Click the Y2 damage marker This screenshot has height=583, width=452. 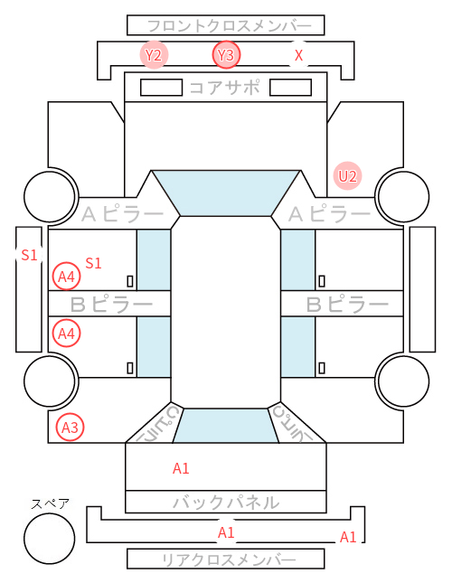(154, 55)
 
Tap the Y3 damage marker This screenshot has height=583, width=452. (226, 55)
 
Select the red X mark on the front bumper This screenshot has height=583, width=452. (298, 55)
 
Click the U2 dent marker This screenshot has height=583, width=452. (347, 176)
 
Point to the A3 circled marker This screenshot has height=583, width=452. (70, 428)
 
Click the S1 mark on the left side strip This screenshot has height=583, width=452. (29, 255)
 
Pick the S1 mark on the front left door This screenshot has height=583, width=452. (93, 263)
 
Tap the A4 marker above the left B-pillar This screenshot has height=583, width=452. (66, 277)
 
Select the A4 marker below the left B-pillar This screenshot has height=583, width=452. (66, 334)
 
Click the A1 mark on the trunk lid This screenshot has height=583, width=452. (181, 468)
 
